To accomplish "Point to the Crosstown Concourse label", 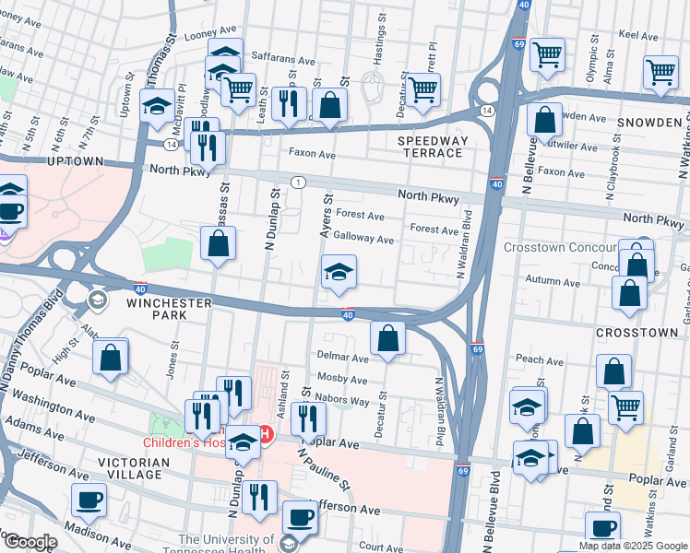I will (560, 247).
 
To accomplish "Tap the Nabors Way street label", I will (347, 401).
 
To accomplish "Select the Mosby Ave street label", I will (342, 378).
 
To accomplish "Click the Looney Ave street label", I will (213, 36).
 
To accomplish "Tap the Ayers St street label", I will (326, 217).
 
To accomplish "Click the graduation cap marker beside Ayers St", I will (339, 272).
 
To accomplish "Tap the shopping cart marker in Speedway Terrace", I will (422, 89).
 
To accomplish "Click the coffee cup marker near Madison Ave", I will (89, 500).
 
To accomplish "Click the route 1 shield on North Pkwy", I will (298, 182).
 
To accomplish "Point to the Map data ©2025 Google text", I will (633, 546).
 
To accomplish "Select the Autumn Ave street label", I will (551, 279).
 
